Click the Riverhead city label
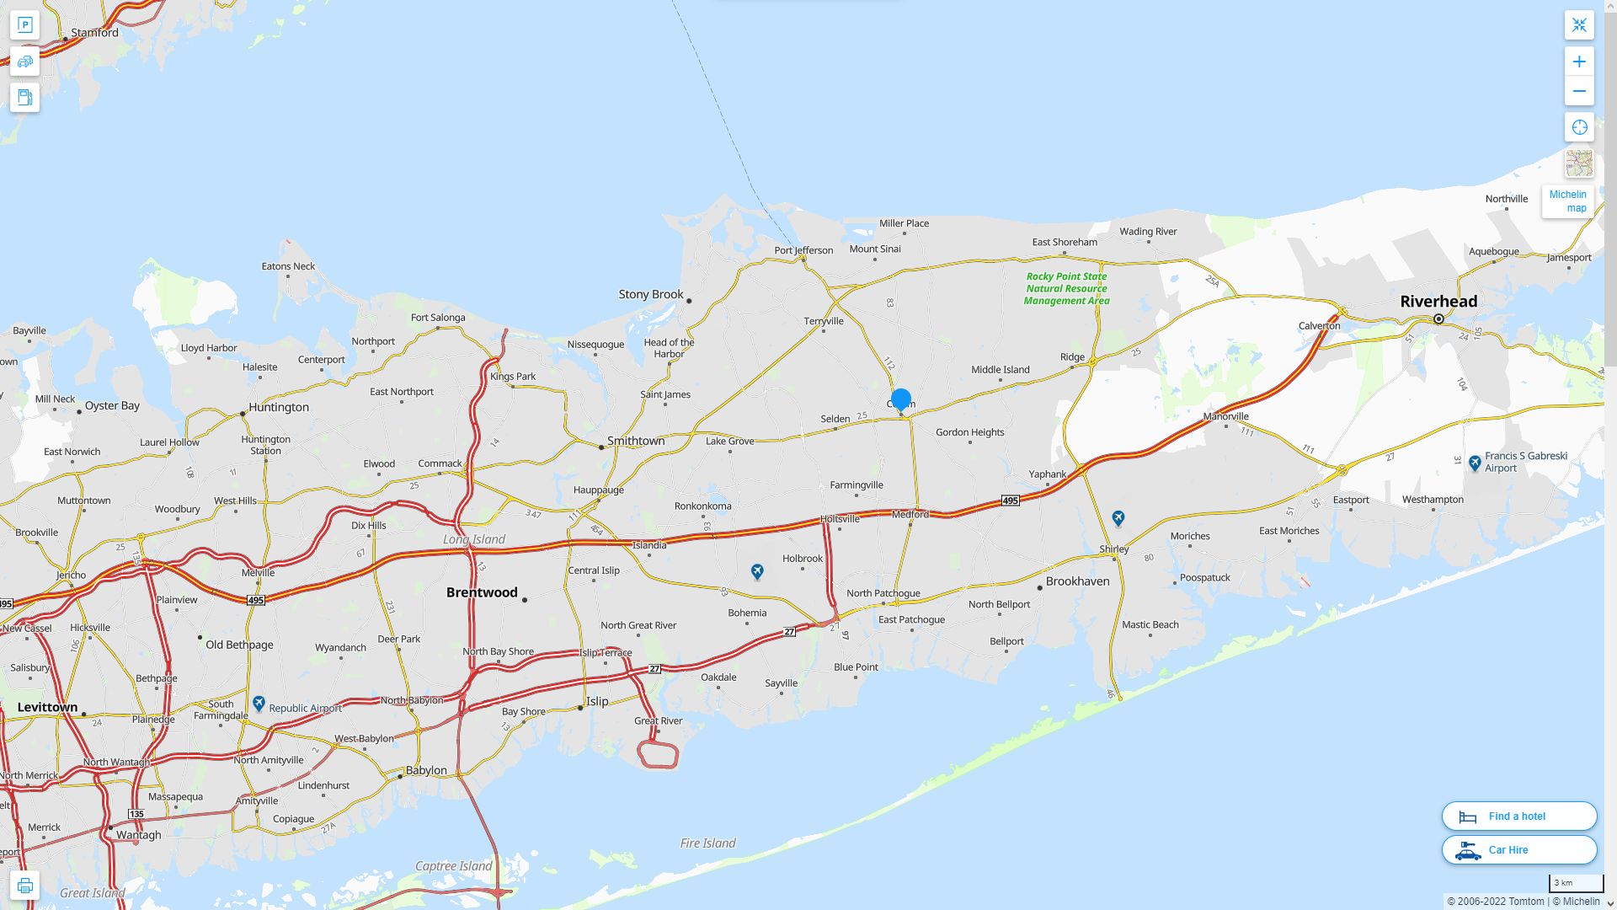1438,302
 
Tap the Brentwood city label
482,592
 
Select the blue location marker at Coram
901,399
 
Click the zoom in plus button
1579,62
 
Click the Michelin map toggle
1567,201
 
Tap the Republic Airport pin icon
259,704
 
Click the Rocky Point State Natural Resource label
1066,288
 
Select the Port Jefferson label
803,250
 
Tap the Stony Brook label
651,294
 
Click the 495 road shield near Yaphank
1011,500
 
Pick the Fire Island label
707,843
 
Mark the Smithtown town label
636,441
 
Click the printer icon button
24,886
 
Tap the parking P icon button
24,25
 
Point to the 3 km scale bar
1575,884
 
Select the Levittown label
47,708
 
